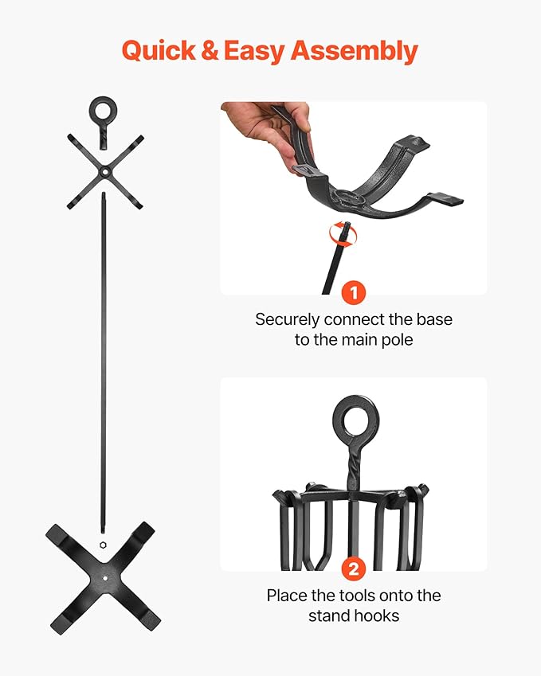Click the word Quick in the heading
click(x=159, y=51)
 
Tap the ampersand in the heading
click(x=210, y=50)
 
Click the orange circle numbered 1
click(x=353, y=293)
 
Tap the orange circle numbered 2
click(x=353, y=569)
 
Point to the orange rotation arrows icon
click(x=343, y=234)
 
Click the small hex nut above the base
click(x=103, y=545)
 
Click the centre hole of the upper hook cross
click(x=104, y=173)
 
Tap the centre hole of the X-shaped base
click(x=105, y=578)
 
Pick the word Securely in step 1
click(x=288, y=320)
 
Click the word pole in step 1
click(x=397, y=341)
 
